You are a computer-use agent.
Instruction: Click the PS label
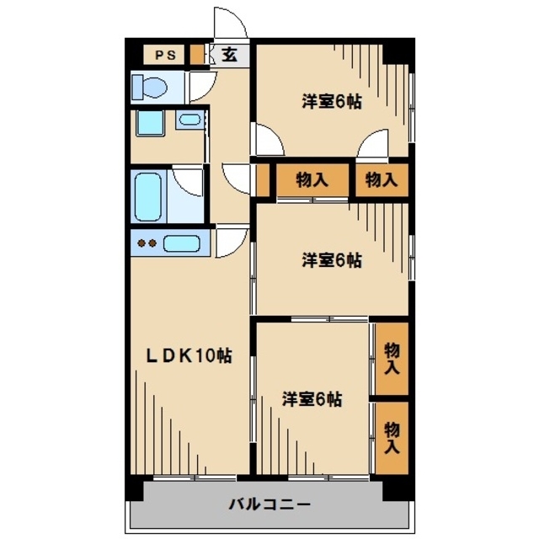coord(164,56)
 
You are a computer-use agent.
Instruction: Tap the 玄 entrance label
coord(230,56)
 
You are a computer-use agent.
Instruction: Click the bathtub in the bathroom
coord(147,195)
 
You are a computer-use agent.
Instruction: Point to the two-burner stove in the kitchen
coord(147,244)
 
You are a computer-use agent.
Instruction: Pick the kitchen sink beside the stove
coord(181,244)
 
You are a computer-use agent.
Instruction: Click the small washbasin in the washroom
coord(189,120)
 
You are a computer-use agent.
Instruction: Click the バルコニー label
coord(269,504)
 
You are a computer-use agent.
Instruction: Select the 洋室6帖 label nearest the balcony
coord(312,398)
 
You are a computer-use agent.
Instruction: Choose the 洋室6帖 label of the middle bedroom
coord(332,260)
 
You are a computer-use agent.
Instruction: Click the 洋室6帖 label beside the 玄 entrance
coord(332,102)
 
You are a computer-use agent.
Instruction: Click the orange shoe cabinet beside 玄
coord(197,55)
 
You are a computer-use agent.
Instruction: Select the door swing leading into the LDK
coord(232,242)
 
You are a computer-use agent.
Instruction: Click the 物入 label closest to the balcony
coord(392,439)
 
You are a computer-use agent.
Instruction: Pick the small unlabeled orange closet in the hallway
coord(263,179)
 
